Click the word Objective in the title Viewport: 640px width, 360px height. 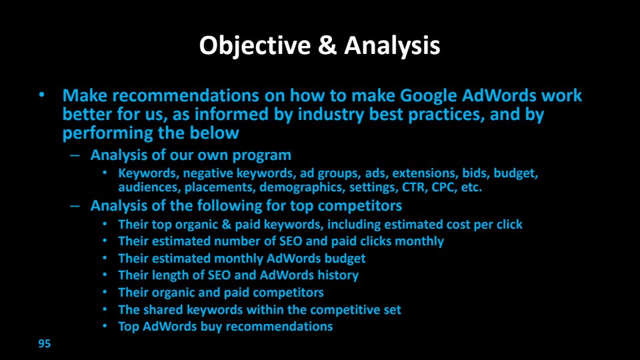pos(255,45)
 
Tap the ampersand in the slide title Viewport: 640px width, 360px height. pos(327,45)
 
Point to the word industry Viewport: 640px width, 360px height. pos(331,115)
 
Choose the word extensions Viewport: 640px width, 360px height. pos(425,173)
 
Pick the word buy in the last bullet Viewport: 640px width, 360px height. pos(211,327)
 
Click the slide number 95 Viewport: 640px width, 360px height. pos(45,344)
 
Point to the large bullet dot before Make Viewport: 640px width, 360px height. pos(41,95)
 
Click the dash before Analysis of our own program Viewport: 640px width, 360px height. pos(75,155)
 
